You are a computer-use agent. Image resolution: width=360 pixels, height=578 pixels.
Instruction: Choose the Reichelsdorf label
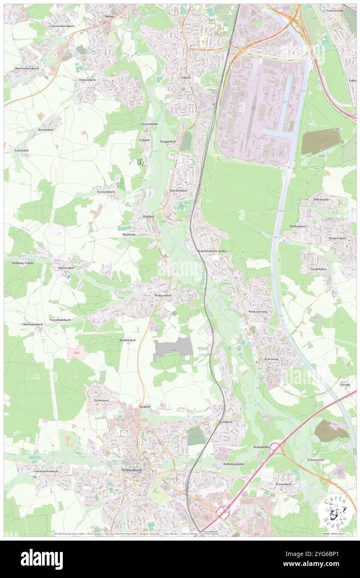(x=178, y=190)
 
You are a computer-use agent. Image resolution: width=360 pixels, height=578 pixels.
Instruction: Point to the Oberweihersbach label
(x=26, y=68)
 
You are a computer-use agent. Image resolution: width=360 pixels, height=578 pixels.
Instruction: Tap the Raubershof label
(x=128, y=340)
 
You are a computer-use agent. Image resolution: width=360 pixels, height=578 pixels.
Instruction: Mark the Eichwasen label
(x=101, y=400)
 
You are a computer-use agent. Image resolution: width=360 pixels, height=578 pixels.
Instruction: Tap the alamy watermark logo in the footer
(x=42, y=559)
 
